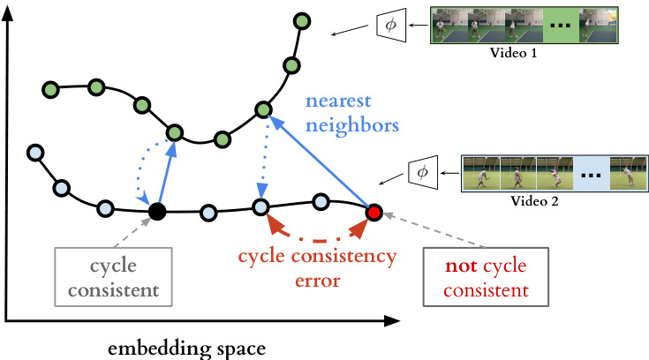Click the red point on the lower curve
374,212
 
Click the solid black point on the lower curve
157,212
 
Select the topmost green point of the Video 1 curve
303,20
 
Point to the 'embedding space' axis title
185,348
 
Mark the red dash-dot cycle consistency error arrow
316,236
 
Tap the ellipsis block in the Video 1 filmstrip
560,26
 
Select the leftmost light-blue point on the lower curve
35,152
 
